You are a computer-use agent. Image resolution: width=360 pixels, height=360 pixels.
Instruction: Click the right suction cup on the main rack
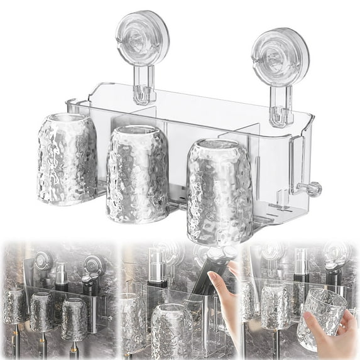pos(280,56)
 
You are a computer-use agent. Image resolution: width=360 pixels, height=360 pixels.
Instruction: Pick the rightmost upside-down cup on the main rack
pos(219,191)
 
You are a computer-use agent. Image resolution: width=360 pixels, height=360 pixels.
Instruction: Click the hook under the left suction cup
pos(144,88)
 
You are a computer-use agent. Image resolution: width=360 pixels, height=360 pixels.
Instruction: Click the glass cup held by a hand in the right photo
pos(324,318)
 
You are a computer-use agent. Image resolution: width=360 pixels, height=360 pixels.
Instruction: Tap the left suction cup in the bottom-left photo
pos(42,261)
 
